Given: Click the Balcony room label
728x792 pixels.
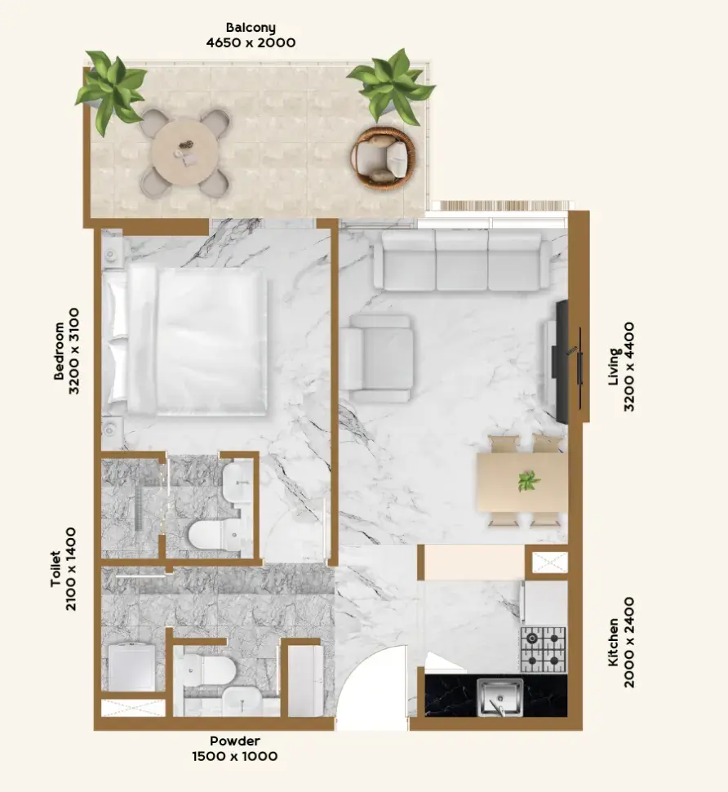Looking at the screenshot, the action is point(251,27).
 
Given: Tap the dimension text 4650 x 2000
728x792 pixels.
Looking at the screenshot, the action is point(251,42).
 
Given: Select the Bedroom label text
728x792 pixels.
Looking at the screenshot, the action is point(59,350).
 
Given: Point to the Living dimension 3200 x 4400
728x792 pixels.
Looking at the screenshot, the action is point(629,367).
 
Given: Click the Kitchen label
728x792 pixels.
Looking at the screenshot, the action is point(614,643).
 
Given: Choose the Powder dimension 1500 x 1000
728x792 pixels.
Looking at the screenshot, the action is point(235,756).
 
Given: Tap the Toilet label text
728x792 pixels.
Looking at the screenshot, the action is point(56,569).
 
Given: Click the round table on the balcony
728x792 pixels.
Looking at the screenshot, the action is point(184,152).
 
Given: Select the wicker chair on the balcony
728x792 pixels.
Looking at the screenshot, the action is point(384,158).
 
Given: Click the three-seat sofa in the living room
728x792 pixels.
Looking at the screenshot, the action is point(462,260).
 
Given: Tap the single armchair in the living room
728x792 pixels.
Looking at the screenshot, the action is point(376,358).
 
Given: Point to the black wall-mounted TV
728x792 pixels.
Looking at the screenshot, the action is point(562,362).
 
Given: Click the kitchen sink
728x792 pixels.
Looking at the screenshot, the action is point(500,697).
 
